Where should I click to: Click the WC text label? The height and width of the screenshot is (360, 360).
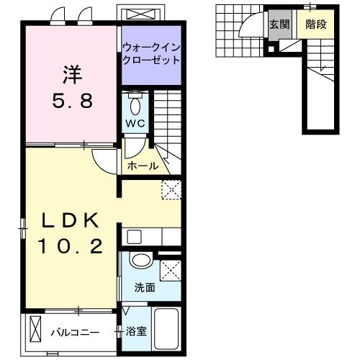(136, 124)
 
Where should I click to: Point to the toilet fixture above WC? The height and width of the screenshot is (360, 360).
(135, 105)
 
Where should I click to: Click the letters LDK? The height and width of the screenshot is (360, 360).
(69, 220)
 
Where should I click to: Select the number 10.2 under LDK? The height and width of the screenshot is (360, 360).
(69, 247)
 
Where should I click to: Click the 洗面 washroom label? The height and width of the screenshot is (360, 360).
(144, 288)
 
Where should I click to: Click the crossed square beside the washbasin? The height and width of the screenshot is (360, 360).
(170, 270)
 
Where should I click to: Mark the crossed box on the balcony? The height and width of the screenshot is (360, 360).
(36, 331)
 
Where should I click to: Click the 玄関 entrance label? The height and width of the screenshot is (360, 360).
(279, 24)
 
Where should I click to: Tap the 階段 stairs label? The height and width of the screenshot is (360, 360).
(315, 24)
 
